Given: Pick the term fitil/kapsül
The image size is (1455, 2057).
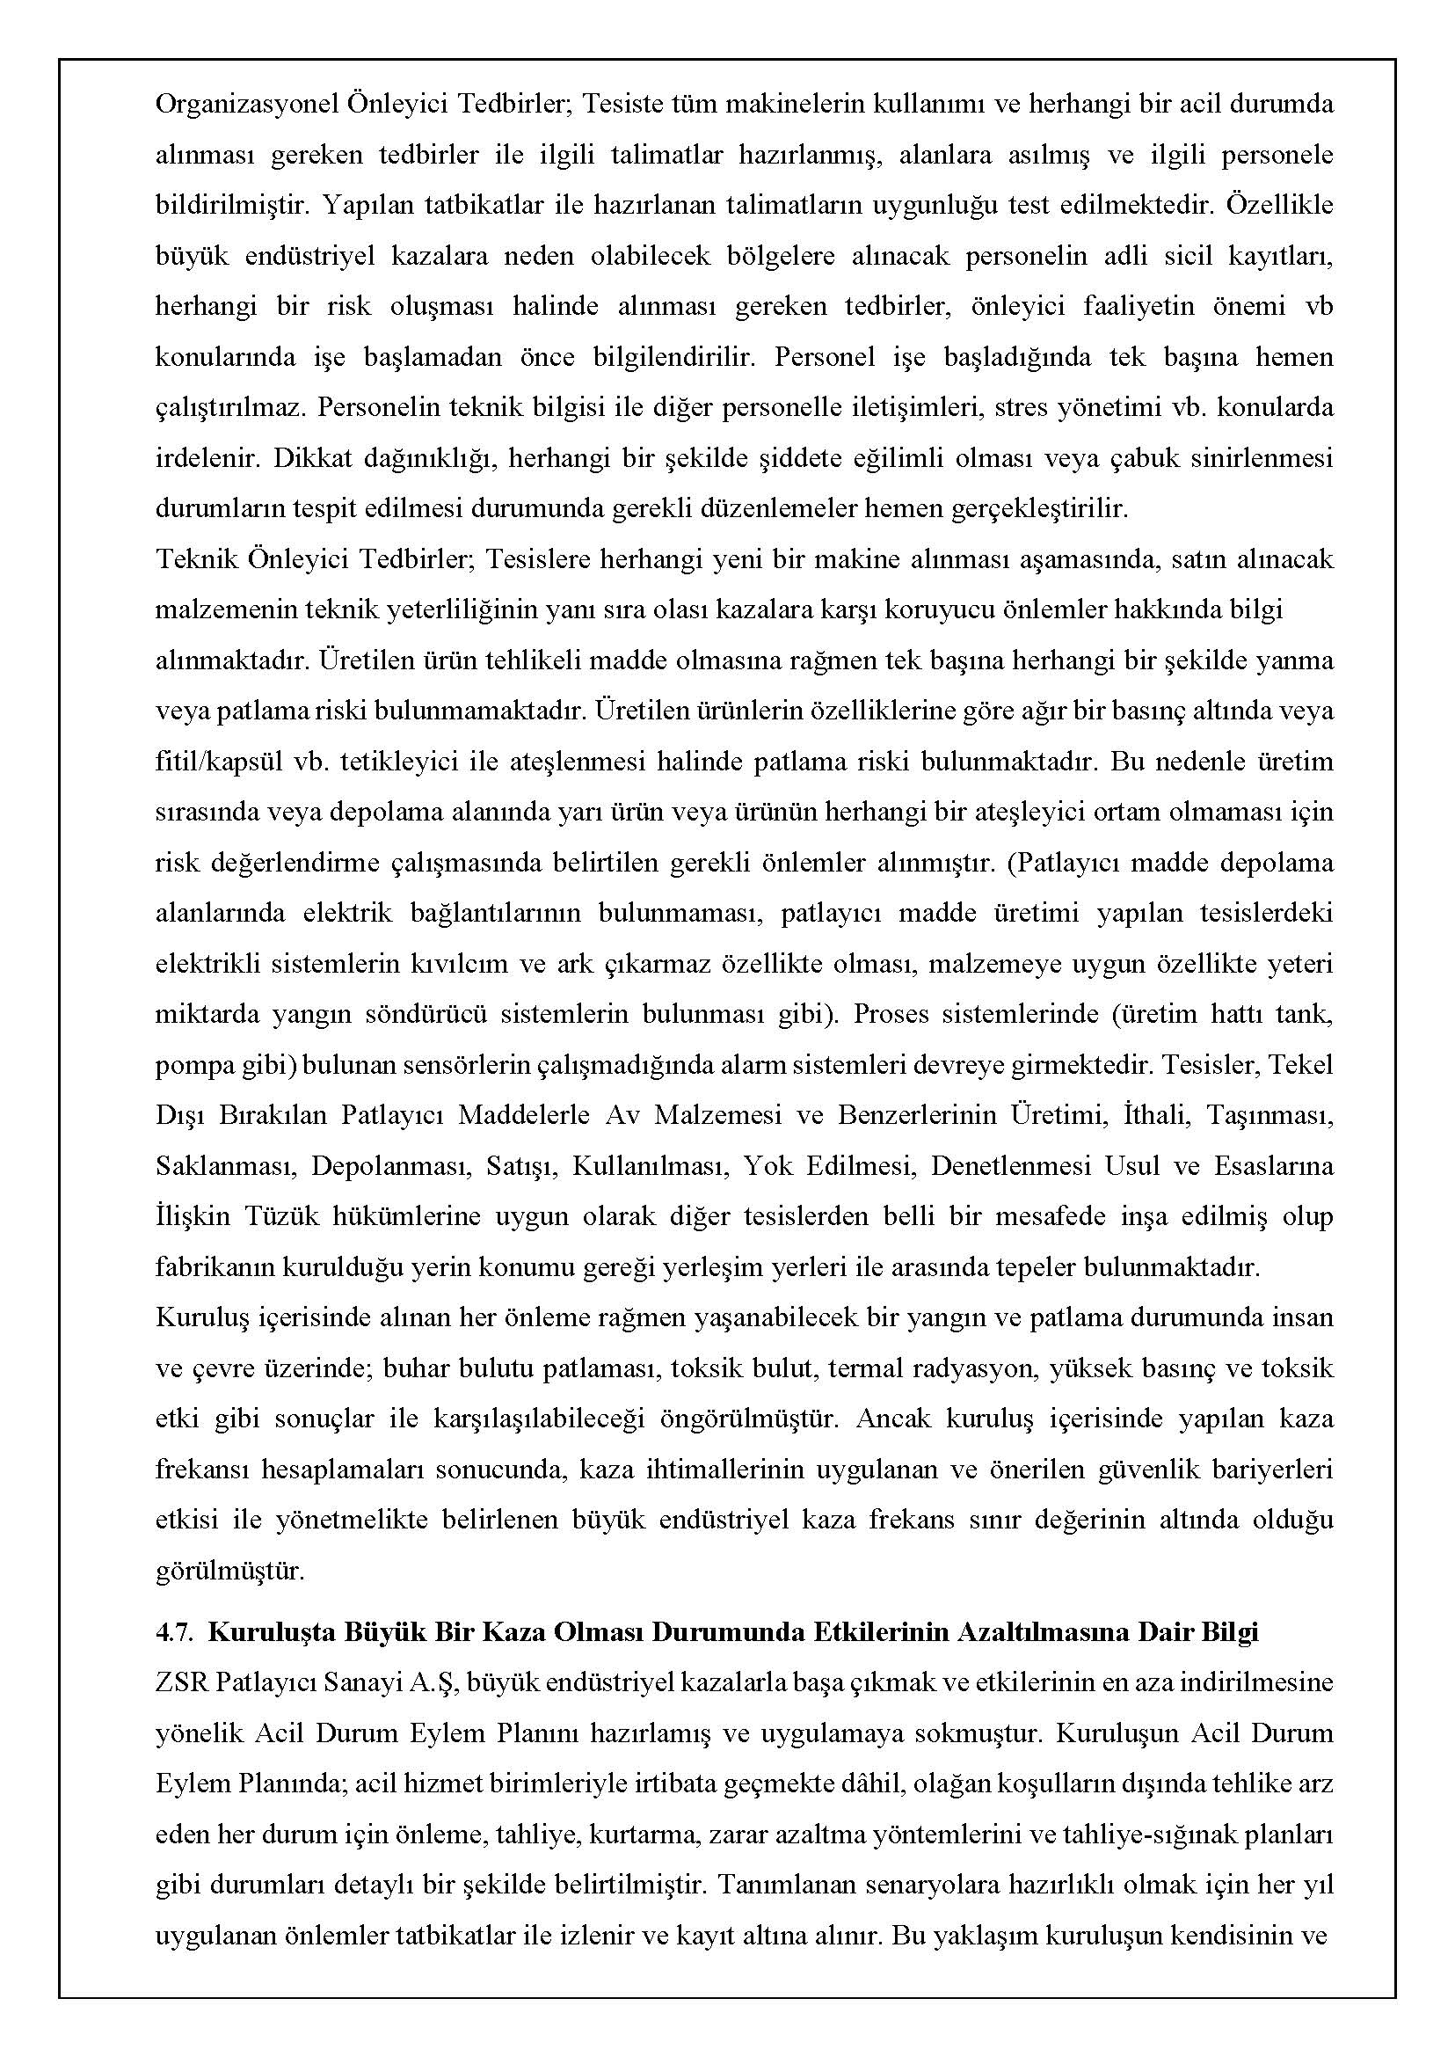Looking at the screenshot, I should tap(216, 762).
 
